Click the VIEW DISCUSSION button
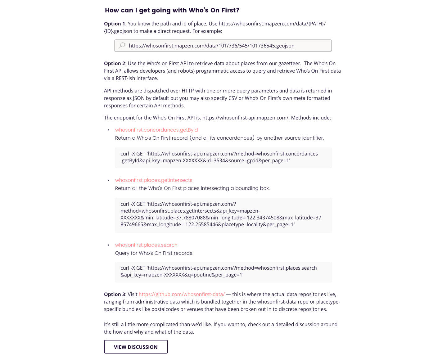(136, 347)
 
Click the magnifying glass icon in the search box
(122, 46)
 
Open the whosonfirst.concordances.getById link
(156, 130)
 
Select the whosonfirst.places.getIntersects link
(153, 180)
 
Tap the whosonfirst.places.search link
(146, 245)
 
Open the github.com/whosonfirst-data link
(182, 294)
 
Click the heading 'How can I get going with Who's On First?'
(172, 10)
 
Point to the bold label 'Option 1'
(114, 24)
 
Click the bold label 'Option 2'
(114, 63)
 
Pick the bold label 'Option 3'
(114, 294)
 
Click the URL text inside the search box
(211, 46)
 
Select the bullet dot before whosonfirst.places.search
(108, 245)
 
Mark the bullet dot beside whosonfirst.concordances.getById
(108, 130)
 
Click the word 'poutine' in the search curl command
(202, 275)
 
